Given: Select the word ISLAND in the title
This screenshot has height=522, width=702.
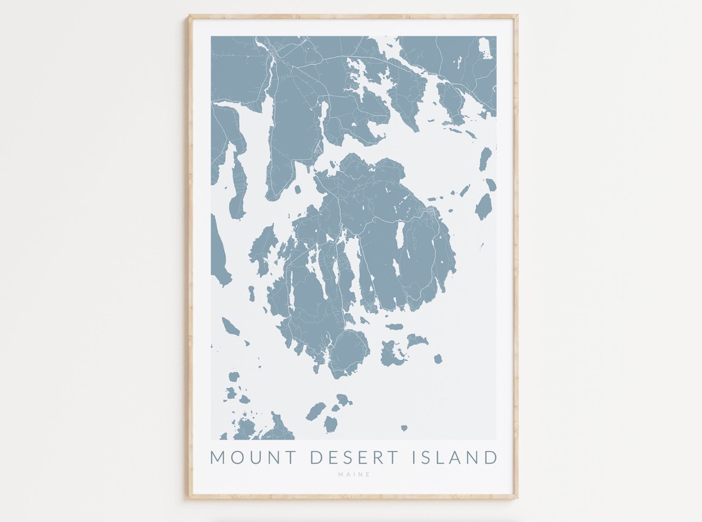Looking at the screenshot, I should coord(454,457).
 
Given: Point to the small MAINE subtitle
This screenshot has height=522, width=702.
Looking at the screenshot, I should coord(354,475).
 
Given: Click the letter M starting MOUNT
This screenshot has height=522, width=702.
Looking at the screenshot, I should coord(218,457).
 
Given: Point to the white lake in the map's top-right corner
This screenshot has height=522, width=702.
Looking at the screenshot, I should coord(485,49).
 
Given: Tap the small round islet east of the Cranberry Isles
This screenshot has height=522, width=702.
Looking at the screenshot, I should coord(438,358).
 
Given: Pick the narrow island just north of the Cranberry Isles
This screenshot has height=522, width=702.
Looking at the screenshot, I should coord(394,327).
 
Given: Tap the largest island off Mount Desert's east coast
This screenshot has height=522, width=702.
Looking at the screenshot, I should coord(484,207).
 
